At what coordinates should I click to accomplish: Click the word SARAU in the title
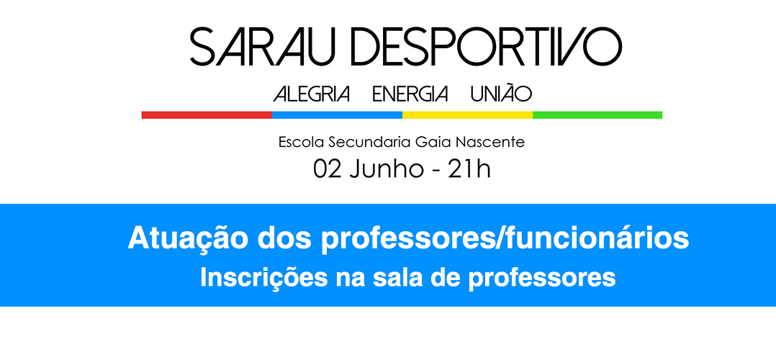[263, 48]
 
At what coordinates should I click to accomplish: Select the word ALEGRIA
[312, 94]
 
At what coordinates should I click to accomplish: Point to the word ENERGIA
[410, 94]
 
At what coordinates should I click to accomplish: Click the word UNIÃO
[501, 93]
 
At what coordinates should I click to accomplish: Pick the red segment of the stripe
[207, 115]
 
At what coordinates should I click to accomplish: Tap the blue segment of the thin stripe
[337, 115]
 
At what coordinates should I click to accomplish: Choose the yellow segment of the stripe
[467, 115]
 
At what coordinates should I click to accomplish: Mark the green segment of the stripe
[597, 115]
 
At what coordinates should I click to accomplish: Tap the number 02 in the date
[327, 169]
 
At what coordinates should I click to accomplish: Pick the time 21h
[469, 169]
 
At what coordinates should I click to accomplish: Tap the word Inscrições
[264, 278]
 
